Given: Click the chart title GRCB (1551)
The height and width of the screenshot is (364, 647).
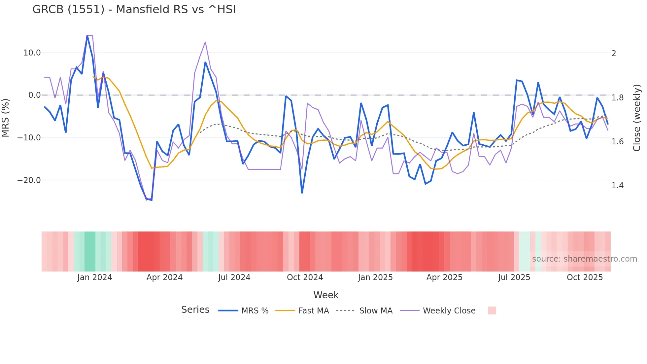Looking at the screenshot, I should tap(134, 10).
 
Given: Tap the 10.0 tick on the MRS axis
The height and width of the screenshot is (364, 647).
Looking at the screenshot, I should tap(32, 53).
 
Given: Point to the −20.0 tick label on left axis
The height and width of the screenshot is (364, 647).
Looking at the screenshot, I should tap(29, 180).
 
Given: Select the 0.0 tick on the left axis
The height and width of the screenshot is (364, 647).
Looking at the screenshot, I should tap(34, 95).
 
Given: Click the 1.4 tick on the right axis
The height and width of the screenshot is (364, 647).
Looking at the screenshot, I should tap(617, 186).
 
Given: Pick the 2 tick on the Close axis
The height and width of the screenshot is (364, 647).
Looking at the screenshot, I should tap(614, 54).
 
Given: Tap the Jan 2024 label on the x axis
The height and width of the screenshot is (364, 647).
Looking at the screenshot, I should tap(95, 277).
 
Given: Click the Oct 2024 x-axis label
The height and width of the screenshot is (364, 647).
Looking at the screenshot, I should tap(305, 277).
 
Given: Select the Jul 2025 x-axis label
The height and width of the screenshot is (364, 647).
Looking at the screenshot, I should tap(514, 277).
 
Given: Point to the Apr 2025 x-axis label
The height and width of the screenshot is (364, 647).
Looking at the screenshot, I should tap(444, 277).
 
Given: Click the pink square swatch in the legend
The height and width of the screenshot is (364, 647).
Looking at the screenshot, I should tap(492, 310).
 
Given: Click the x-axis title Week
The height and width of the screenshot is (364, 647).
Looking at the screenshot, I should tap(326, 295).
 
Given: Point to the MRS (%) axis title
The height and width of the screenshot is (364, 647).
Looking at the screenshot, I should tap(6, 118).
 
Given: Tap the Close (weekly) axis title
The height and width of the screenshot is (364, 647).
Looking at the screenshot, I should tap(637, 118).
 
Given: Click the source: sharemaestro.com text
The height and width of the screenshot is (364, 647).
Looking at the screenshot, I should tap(584, 259).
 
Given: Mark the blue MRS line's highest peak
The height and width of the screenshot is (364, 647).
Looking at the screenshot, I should tap(87, 36).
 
